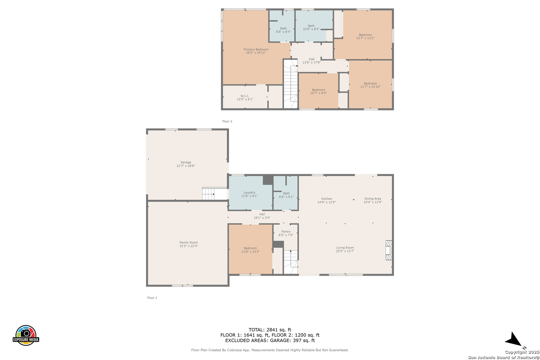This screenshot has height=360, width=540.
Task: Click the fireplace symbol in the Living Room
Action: [389, 250]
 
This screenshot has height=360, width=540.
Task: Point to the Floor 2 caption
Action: [227, 121]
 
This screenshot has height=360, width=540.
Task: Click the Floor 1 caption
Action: [152, 298]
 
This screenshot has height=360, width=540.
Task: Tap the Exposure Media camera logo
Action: [26, 335]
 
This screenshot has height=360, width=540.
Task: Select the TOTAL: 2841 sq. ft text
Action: [270, 330]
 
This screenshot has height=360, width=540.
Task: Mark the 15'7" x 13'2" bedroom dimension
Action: [365, 38]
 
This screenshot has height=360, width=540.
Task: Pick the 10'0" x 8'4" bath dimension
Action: [311, 29]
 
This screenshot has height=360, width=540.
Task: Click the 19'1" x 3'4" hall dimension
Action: [262, 218]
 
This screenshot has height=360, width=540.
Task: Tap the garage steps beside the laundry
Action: [208, 194]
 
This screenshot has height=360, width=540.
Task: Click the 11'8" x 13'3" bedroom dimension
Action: [250, 252]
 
